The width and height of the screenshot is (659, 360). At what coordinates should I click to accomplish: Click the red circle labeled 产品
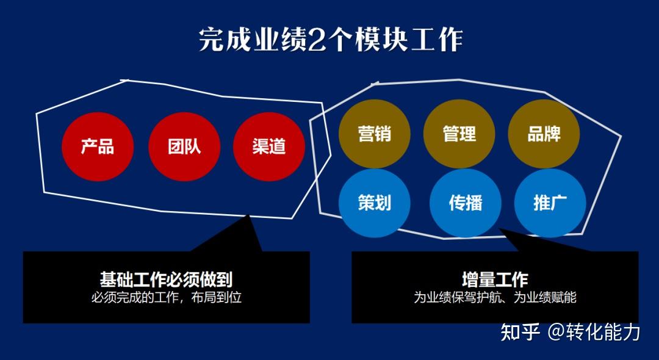point(98,146)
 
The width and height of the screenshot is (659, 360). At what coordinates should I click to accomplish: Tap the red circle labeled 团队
point(184,146)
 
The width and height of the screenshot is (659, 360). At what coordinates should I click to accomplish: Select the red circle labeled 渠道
point(269,146)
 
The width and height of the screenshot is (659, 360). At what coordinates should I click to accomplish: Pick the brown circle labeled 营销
point(375,134)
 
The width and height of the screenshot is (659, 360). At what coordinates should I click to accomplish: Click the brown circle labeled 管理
point(459,134)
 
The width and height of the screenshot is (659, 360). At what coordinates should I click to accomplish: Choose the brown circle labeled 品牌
point(544,134)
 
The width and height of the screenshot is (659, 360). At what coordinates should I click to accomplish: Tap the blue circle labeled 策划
point(375,203)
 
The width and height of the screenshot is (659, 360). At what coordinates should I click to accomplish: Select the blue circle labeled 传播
point(466,203)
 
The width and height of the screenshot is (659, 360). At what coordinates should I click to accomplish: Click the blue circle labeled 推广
point(550,203)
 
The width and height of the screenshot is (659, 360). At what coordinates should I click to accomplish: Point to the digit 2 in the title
point(317,40)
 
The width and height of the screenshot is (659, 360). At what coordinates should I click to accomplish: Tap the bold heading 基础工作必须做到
point(166,279)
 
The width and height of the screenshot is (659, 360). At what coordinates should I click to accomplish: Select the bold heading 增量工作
point(495,279)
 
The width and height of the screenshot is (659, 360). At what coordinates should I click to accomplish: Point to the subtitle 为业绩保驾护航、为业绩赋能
point(495,298)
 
